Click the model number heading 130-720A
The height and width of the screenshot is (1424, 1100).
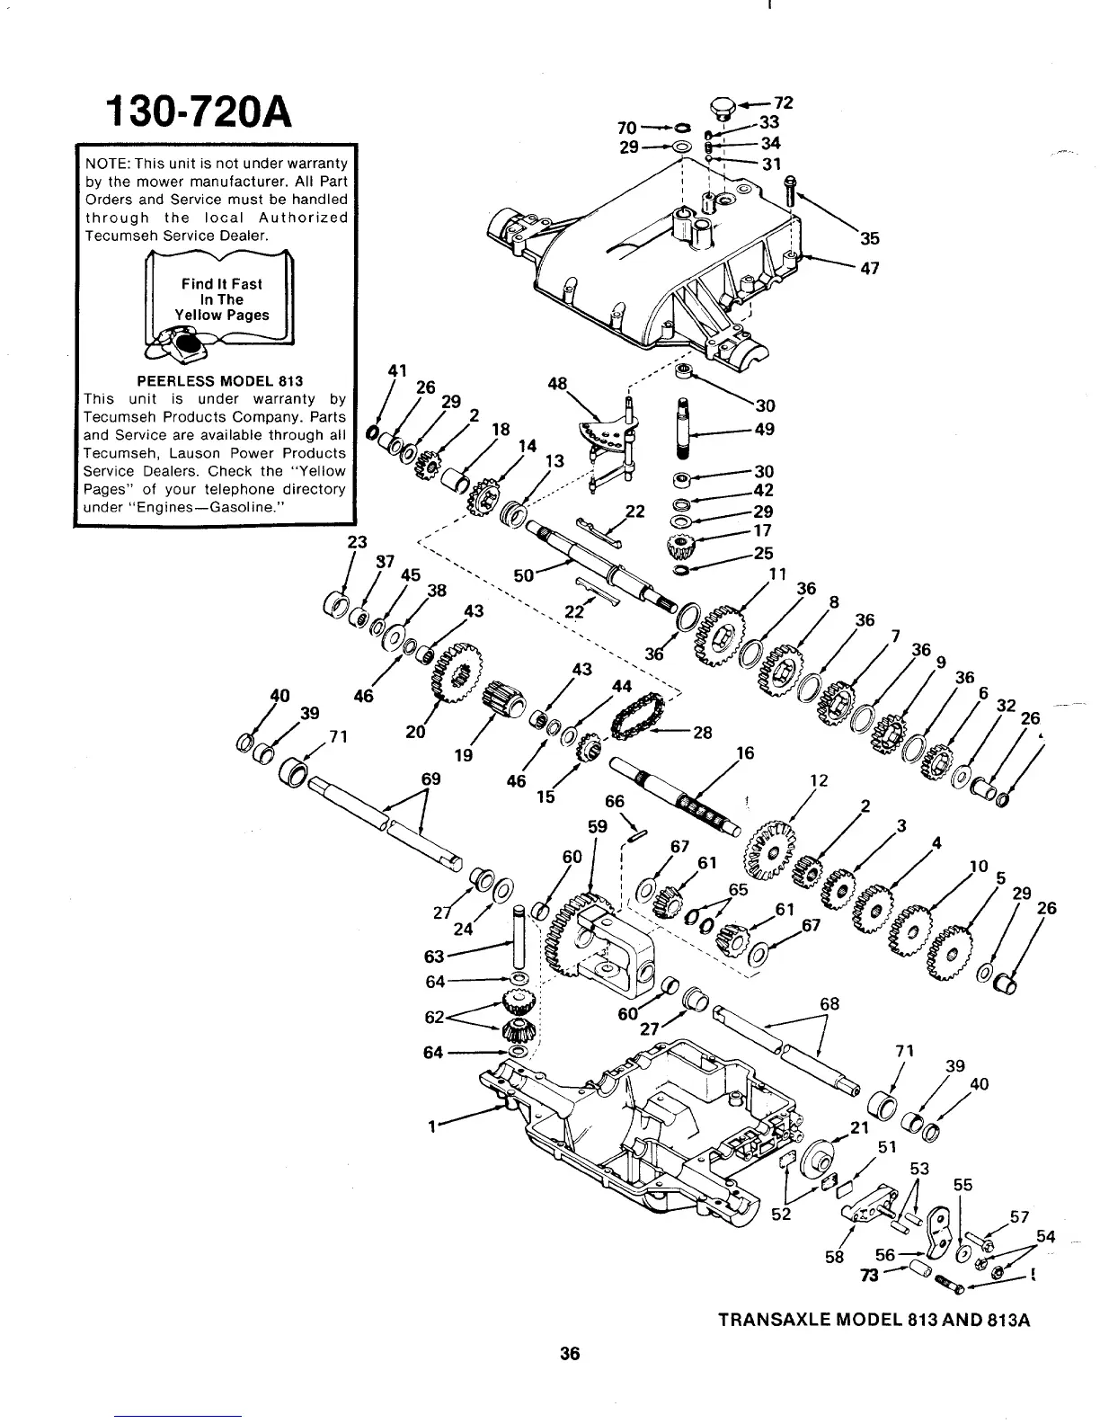click(199, 111)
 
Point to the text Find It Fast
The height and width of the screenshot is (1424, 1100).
click(222, 284)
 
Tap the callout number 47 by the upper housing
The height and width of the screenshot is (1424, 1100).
click(869, 268)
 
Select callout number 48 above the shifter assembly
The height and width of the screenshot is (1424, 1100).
click(557, 384)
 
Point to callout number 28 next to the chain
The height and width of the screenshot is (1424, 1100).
click(702, 732)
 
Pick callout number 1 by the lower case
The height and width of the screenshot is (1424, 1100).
click(433, 1125)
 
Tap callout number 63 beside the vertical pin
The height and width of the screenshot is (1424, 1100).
click(435, 955)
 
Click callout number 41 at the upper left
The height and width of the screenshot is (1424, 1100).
click(397, 370)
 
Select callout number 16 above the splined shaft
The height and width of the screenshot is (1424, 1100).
click(745, 752)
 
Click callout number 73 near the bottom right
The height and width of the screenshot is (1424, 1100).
click(868, 1276)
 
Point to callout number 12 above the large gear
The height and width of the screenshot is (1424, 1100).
click(819, 780)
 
